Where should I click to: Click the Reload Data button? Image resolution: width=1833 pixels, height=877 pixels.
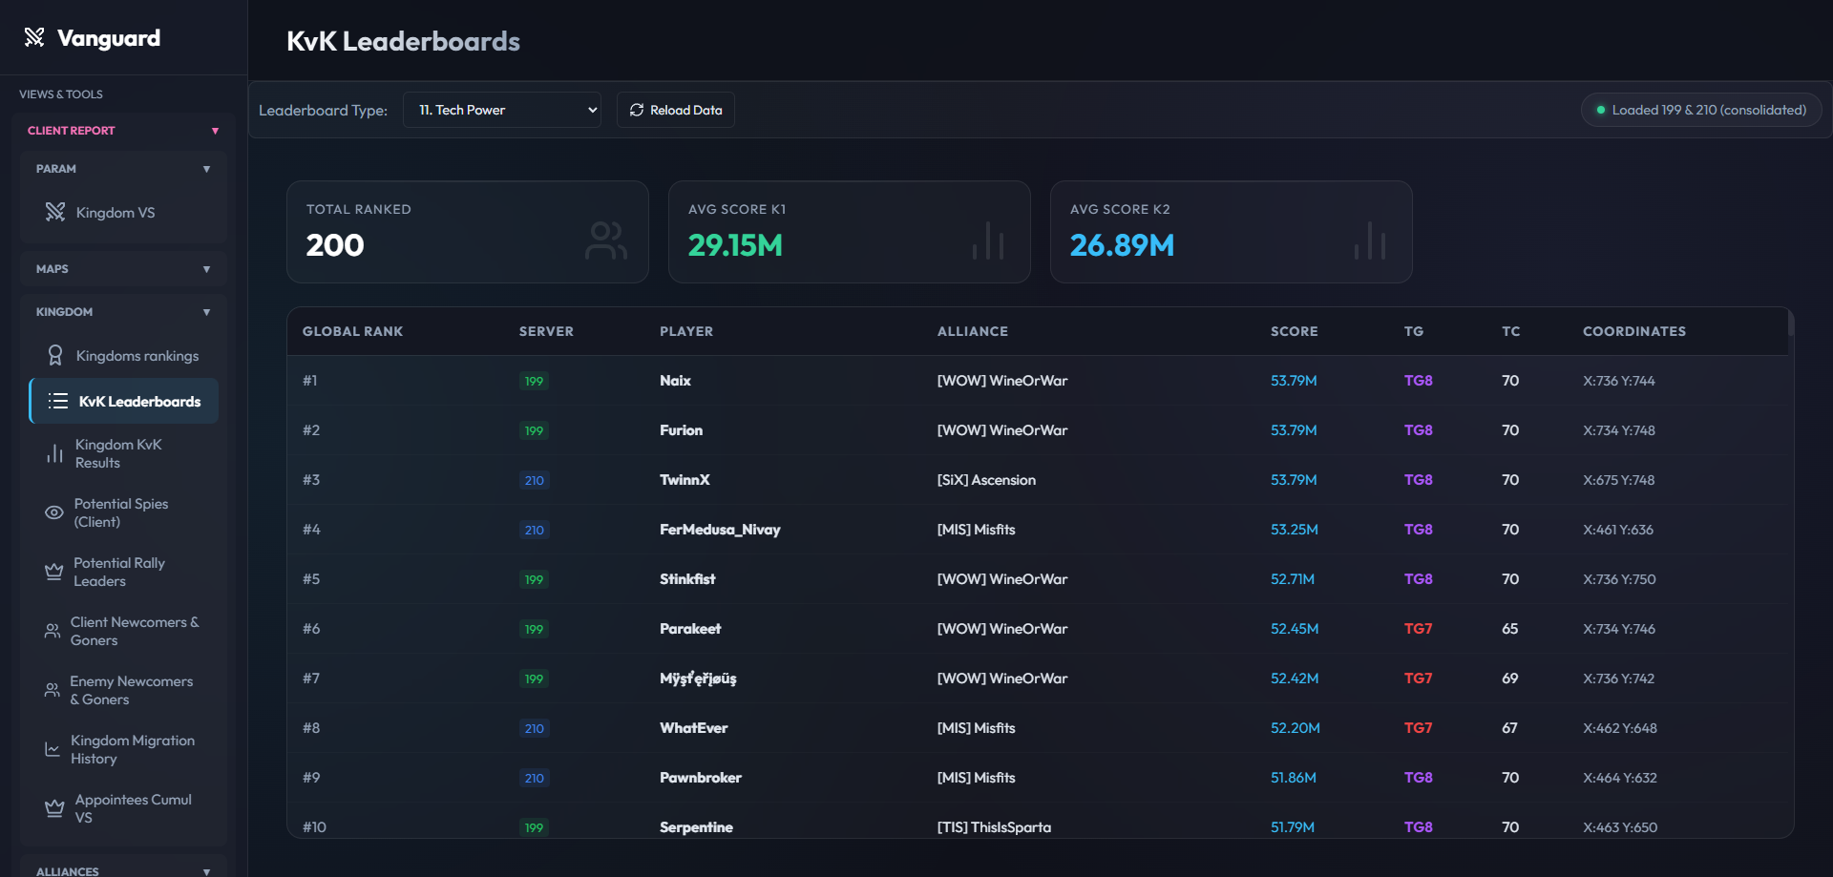click(x=676, y=110)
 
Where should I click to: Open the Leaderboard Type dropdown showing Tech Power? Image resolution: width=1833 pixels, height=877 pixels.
click(x=502, y=110)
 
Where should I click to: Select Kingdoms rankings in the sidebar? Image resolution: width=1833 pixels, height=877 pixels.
click(x=124, y=356)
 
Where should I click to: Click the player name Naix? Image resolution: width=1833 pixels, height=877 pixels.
click(x=675, y=381)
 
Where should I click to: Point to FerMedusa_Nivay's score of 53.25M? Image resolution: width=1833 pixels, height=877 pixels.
click(x=1294, y=530)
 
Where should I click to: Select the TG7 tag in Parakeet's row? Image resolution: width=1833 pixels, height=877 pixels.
click(x=1418, y=629)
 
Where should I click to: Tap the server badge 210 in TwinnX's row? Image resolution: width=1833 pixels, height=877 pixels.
click(x=534, y=480)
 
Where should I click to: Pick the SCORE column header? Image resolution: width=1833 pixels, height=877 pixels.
click(x=1294, y=331)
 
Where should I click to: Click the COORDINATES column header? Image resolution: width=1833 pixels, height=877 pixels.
click(x=1633, y=331)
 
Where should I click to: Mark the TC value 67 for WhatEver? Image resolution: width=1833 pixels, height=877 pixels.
click(x=1509, y=728)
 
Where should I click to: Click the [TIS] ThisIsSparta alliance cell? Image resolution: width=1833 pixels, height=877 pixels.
click(x=994, y=827)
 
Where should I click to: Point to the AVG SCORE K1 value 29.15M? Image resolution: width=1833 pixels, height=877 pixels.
click(x=735, y=245)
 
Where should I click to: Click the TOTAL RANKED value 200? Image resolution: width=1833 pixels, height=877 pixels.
click(x=335, y=245)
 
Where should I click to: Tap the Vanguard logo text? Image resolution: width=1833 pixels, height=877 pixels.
click(x=109, y=38)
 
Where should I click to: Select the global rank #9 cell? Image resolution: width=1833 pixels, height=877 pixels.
click(x=311, y=778)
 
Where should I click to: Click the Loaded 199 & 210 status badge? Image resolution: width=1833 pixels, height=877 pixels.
click(x=1701, y=110)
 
